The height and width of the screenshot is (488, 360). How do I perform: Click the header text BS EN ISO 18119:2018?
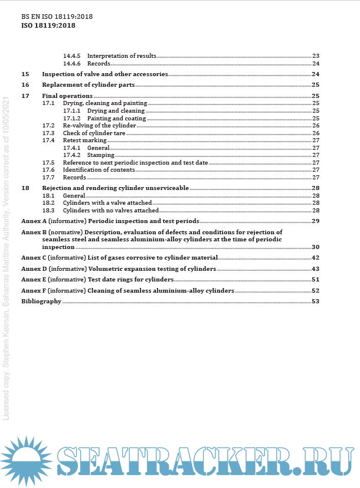(x=57, y=17)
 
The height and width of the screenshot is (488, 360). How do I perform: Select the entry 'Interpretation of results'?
(x=122, y=56)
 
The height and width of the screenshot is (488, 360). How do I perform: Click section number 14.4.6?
(x=71, y=63)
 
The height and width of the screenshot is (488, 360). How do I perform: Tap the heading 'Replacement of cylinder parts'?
(x=89, y=85)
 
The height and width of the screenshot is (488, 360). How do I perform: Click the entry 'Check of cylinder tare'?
(x=94, y=133)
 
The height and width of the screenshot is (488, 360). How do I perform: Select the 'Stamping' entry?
(x=100, y=155)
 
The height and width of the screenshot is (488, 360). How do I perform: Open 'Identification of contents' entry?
(x=99, y=170)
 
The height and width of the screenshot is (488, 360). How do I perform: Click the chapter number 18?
(x=25, y=188)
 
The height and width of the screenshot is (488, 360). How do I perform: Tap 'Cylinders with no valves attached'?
(x=111, y=210)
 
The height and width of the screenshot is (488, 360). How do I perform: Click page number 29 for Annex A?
(x=315, y=221)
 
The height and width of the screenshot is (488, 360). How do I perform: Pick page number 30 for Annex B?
(x=315, y=247)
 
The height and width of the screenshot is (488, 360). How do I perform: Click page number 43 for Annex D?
(x=315, y=268)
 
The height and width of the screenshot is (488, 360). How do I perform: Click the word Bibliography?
(x=41, y=302)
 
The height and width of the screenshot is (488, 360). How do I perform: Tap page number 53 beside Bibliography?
(x=315, y=302)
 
